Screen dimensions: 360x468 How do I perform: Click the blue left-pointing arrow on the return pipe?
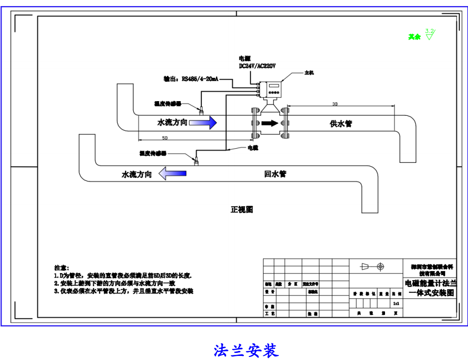(173, 174)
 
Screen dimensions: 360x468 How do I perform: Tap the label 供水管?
(341, 123)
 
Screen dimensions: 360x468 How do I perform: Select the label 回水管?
(275, 174)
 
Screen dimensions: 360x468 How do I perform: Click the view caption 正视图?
(242, 209)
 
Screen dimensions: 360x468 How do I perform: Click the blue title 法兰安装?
(246, 350)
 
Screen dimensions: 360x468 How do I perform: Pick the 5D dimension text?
(165, 138)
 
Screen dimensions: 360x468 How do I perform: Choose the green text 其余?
(414, 37)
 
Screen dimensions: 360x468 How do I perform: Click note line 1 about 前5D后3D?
(123, 276)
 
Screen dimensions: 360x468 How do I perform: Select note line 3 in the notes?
(123, 291)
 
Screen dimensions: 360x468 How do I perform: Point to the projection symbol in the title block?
(373, 266)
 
